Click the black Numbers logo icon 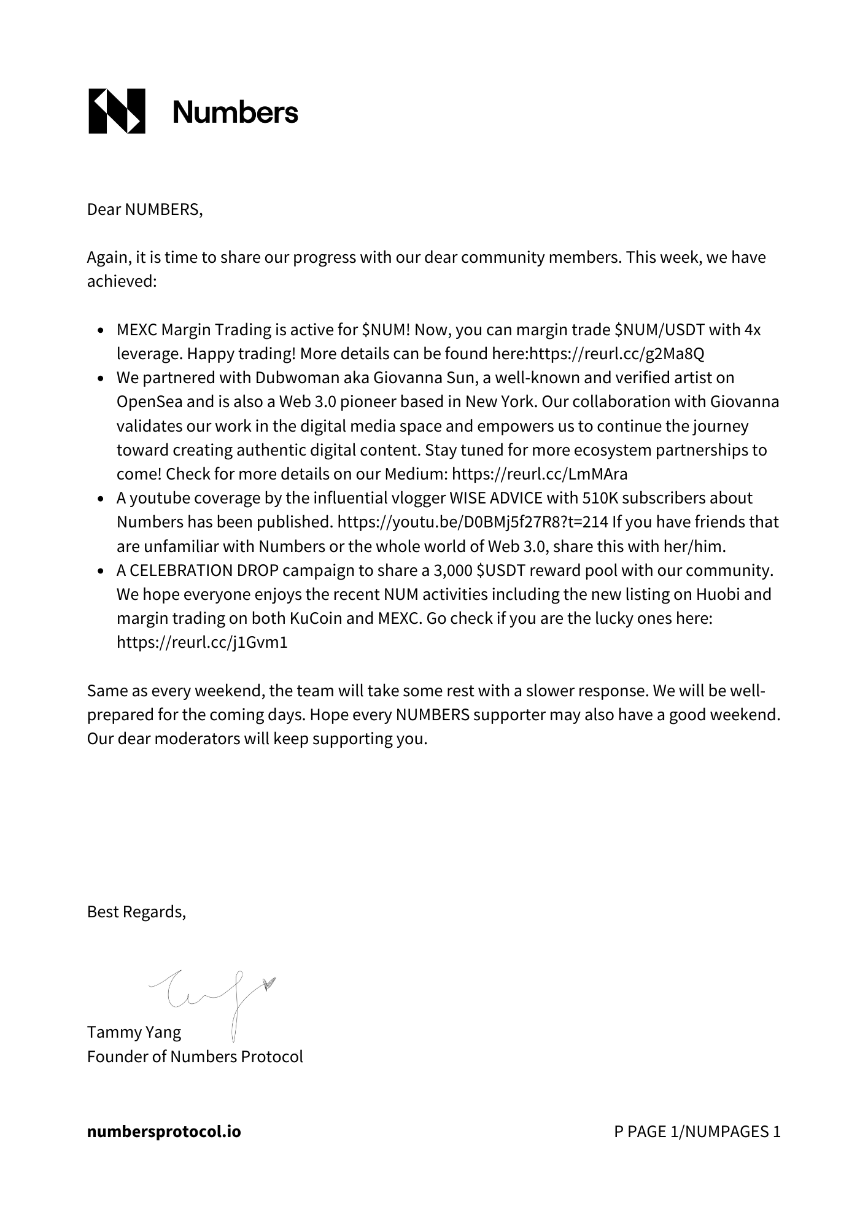click(x=117, y=111)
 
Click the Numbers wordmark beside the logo click(x=235, y=112)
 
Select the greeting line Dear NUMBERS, click(x=145, y=209)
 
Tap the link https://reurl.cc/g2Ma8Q click(x=616, y=354)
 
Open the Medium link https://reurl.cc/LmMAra click(x=540, y=474)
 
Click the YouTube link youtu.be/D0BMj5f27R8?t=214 click(x=473, y=522)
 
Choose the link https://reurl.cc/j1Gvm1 click(x=202, y=642)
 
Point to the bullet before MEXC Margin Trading click(x=101, y=330)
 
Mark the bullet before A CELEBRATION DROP click(x=101, y=571)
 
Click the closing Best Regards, click(x=136, y=912)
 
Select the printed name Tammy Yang click(x=134, y=1032)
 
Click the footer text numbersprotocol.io click(x=164, y=1132)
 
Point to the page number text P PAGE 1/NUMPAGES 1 click(x=697, y=1132)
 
